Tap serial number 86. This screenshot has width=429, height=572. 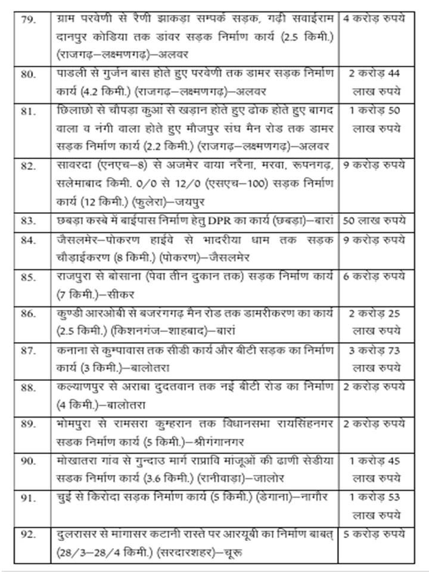(x=27, y=315)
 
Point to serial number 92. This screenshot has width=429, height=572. (x=27, y=534)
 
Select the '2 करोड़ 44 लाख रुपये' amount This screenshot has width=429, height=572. (x=376, y=83)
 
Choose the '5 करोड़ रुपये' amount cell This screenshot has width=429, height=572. (x=376, y=534)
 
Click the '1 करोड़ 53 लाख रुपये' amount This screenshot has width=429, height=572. (x=376, y=502)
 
